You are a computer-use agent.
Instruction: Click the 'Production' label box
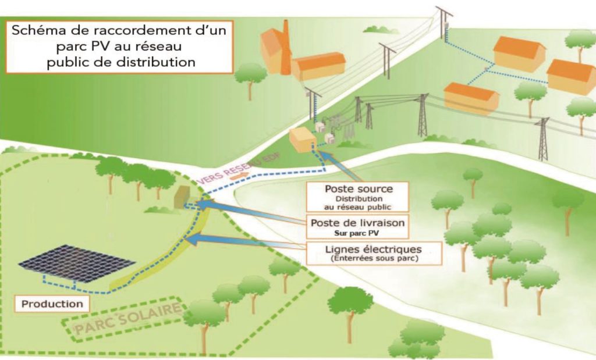click(52, 303)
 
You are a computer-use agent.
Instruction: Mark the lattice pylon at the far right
click(543, 139)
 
